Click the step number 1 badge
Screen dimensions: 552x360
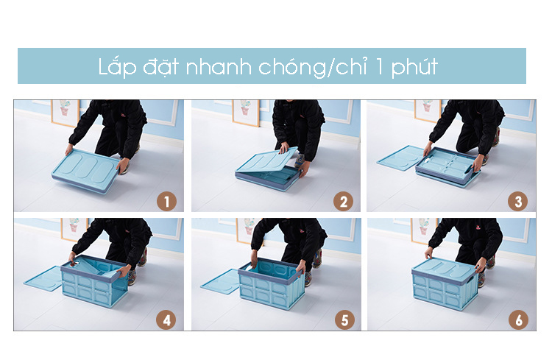[x=166, y=202]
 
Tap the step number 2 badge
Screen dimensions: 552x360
[x=343, y=202]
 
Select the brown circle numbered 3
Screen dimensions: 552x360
[x=517, y=202]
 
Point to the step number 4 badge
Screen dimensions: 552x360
[x=166, y=320]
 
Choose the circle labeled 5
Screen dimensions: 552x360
[x=344, y=320]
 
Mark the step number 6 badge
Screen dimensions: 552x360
[x=518, y=320]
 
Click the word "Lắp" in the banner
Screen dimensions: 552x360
[x=117, y=66]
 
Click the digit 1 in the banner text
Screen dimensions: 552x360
[x=379, y=67]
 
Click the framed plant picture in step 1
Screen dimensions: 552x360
[x=65, y=112]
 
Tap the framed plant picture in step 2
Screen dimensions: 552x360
[x=246, y=112]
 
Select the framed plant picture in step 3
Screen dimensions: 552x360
[x=428, y=110]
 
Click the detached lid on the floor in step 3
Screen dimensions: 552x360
[x=400, y=158]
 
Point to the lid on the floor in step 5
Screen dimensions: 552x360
[x=221, y=282]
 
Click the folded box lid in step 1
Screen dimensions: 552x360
[x=85, y=170]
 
